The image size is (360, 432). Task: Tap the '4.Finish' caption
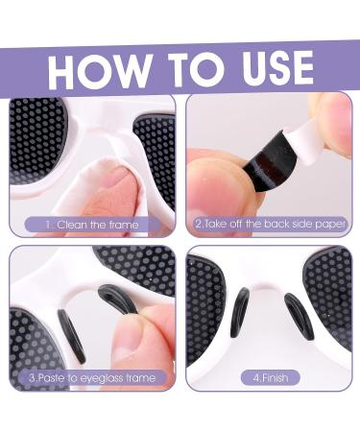270,377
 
